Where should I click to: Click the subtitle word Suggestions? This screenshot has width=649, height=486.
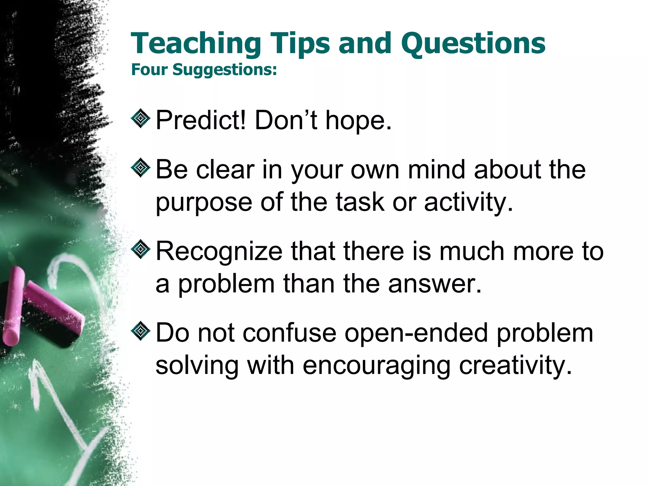[x=225, y=70]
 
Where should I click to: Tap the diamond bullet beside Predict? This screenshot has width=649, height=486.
[x=140, y=119]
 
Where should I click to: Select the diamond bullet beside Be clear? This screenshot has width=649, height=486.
[x=140, y=168]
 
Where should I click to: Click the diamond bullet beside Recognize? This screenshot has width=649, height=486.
[x=140, y=249]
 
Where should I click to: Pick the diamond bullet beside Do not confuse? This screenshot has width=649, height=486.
[x=140, y=331]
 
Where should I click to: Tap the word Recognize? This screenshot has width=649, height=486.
[x=219, y=251]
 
